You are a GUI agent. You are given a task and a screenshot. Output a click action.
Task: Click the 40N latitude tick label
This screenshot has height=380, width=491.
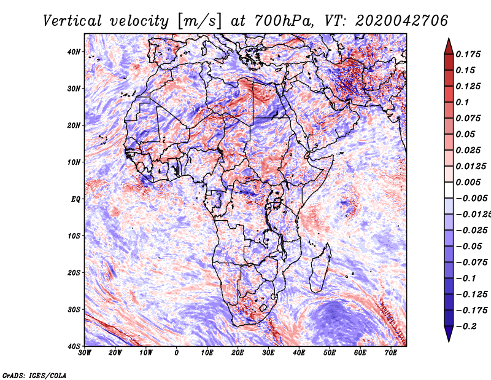[x=74, y=52]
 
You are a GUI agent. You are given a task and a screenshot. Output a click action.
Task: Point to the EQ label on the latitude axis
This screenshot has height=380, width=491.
[x=75, y=199]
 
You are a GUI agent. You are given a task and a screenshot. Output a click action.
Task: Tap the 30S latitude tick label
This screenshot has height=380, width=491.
[x=74, y=309]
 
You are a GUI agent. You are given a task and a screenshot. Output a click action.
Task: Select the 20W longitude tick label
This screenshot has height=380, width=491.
[x=115, y=352]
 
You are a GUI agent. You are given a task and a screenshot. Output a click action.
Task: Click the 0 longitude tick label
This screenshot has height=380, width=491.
[x=177, y=352]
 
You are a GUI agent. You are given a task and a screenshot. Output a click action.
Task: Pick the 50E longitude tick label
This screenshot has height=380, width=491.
[x=330, y=352]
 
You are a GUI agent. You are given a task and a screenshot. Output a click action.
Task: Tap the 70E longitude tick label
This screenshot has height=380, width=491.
[x=390, y=352]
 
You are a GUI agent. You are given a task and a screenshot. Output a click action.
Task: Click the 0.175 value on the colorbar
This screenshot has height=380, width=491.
[x=468, y=54]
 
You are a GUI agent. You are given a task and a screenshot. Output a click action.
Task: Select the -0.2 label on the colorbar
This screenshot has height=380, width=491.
[x=466, y=326]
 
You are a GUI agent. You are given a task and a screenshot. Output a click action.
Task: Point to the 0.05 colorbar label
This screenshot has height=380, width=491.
[x=465, y=134]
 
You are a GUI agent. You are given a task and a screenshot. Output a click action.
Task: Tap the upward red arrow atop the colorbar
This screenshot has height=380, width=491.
[x=449, y=46]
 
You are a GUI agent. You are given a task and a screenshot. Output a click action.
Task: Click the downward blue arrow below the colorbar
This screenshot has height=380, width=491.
[x=449, y=334]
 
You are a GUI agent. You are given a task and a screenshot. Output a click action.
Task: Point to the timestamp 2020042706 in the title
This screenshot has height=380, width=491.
[x=402, y=21]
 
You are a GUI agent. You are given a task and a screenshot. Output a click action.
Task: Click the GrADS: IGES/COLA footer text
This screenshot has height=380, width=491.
[x=34, y=375]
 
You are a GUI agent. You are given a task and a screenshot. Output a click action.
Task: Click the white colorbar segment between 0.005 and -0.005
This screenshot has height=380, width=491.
[x=449, y=190]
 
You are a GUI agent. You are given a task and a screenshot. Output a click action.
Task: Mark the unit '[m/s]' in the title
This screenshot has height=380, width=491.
[x=200, y=21]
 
